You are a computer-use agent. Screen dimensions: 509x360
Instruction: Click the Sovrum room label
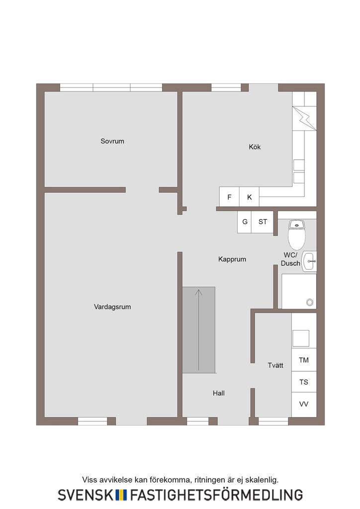112,141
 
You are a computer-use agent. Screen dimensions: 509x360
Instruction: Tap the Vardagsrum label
112,307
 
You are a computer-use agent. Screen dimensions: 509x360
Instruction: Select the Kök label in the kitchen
255,147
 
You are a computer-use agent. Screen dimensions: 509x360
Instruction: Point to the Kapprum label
232,259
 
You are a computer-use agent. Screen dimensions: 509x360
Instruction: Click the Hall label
219,393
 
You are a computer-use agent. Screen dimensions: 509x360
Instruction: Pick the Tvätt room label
275,365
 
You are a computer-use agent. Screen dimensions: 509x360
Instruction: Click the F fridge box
229,197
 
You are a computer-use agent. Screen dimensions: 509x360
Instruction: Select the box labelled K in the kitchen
250,197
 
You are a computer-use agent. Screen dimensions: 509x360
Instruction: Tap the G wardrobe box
245,222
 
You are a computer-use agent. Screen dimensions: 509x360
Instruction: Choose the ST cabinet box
263,222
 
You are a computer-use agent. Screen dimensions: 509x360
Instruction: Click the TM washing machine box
304,360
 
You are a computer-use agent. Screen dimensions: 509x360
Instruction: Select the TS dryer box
304,382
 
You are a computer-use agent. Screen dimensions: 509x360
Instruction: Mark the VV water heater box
304,404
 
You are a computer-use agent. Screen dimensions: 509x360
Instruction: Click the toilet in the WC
297,235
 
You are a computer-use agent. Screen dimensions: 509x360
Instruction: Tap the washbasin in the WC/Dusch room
309,261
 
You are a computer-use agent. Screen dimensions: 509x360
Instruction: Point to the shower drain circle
310,302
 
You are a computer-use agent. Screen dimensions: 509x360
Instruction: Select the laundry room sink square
301,338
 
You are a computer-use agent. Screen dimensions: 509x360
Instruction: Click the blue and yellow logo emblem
121,495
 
